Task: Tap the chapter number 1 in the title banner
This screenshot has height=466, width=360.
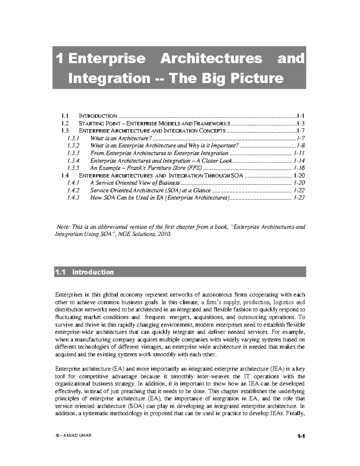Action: [x=60, y=58]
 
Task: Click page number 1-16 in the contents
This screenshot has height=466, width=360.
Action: [x=299, y=168]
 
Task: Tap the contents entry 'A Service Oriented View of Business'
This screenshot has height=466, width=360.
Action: [x=135, y=183]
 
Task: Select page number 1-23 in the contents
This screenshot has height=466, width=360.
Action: [x=299, y=198]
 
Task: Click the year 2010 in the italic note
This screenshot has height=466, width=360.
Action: [x=165, y=234]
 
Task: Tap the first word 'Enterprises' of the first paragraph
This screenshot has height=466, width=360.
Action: [x=68, y=295]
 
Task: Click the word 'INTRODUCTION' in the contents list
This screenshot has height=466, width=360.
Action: [x=98, y=116]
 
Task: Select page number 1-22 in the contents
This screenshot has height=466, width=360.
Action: [x=299, y=190]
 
